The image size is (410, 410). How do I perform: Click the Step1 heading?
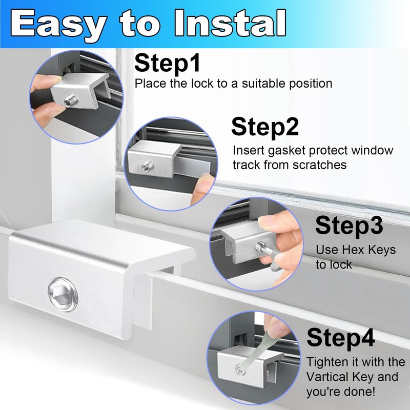[167, 64]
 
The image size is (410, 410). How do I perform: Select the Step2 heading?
[265, 127]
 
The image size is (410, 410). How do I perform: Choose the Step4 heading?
[341, 338]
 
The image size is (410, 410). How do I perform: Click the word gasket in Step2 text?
[285, 151]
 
